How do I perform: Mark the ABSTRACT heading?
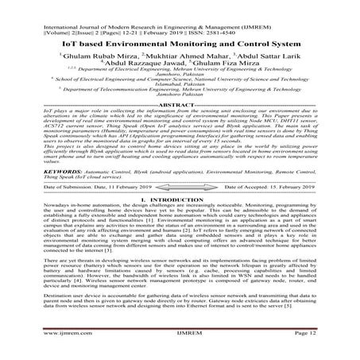(180, 126)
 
